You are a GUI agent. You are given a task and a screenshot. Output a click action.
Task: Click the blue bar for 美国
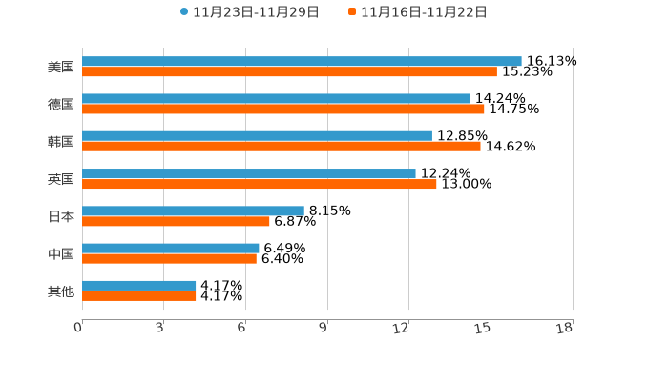(302, 61)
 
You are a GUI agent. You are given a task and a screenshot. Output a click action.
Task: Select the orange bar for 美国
(289, 71)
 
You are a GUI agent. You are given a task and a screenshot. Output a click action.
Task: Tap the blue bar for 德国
(276, 98)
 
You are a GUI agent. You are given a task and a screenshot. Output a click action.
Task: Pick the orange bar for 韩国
(282, 146)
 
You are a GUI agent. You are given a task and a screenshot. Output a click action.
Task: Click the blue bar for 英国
(249, 173)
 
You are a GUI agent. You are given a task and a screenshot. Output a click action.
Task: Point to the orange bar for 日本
(176, 221)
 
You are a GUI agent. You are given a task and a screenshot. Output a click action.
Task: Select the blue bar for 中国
(171, 248)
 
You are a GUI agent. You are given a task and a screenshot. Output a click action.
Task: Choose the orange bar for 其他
(139, 295)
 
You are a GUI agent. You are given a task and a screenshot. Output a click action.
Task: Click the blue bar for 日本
(193, 211)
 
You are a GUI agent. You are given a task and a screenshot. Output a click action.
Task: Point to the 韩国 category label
(61, 141)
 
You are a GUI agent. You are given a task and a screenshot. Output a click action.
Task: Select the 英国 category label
(61, 178)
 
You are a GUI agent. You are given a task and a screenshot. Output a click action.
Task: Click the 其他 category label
(61, 291)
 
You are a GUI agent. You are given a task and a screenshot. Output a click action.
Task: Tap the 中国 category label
(61, 253)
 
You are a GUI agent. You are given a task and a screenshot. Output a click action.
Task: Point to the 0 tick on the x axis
(78, 328)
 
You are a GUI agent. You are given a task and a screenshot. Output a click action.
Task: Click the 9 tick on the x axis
(323, 328)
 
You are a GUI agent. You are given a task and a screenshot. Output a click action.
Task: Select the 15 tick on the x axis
(483, 328)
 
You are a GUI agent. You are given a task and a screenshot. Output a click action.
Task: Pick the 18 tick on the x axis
(564, 328)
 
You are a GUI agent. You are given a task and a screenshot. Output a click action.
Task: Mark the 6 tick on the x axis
(241, 328)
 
